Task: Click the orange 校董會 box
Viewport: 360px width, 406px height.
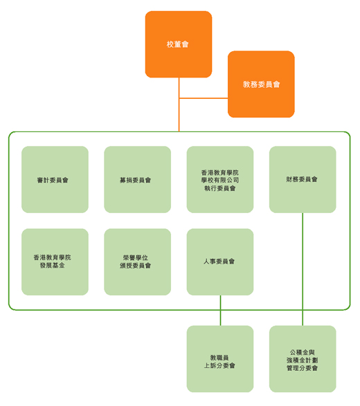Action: coord(179,44)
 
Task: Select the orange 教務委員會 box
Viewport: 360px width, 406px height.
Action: coord(261,84)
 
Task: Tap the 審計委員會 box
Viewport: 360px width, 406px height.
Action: coord(55,179)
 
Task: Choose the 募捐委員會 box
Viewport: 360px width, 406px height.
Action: coord(137,179)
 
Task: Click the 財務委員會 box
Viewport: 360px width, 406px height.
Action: coord(303,179)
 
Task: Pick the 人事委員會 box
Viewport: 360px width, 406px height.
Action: coord(220,261)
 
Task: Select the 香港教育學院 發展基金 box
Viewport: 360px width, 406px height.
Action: coord(55,261)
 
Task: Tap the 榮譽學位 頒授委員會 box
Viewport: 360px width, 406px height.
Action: coord(137,261)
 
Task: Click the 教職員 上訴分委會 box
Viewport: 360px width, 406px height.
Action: coord(220,359)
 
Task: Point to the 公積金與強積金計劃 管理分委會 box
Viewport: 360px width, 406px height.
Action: coord(303,359)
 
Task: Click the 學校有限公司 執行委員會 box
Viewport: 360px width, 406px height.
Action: coord(220,179)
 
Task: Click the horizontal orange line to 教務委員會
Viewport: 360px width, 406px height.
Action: coord(204,98)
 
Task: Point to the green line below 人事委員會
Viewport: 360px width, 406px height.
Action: coord(221,311)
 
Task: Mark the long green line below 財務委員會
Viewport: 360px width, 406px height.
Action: coord(303,269)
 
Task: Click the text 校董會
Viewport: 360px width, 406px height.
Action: coord(177,44)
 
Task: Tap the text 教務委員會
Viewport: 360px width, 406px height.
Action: coord(261,84)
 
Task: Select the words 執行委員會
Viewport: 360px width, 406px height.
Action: coord(219,188)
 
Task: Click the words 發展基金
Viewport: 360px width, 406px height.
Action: coord(53,266)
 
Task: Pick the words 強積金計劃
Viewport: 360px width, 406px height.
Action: coord(303,360)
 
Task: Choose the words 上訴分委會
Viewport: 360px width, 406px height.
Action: coord(219,366)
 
